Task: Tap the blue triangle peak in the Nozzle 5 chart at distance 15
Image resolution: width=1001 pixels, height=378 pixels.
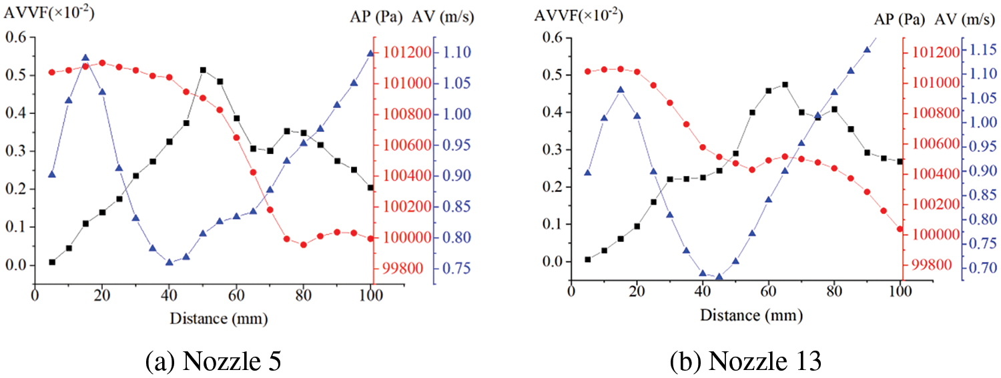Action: (x=85, y=58)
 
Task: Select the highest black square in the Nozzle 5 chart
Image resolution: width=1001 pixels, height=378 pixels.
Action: (x=203, y=70)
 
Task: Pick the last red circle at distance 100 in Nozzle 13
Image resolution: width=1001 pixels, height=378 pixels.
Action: (x=900, y=229)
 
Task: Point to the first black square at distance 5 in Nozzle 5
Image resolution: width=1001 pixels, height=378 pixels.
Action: (x=52, y=262)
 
